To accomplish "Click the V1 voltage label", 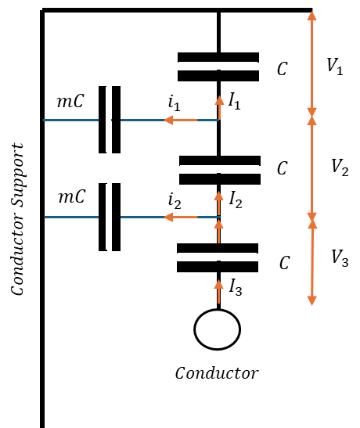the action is point(335,67).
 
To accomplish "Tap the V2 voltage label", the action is point(340,167).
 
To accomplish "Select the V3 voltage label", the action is point(340,258).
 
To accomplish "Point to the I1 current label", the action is point(235,101).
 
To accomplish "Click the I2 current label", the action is point(236,200).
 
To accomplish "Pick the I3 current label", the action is point(236,287).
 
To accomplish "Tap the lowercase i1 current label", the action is point(175,103).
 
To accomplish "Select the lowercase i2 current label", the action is point(175,200).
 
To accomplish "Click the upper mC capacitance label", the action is point(70,101).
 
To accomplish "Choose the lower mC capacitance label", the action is point(72,196).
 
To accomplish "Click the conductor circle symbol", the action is point(218,329).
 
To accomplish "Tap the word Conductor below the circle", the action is point(217,373).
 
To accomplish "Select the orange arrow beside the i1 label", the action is point(181,120).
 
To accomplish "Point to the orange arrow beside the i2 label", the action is point(181,218).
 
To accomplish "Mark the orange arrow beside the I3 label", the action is point(218,292).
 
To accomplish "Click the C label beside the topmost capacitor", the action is point(283,69).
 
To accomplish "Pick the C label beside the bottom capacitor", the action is point(284,263).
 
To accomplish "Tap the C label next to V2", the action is point(283,168).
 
